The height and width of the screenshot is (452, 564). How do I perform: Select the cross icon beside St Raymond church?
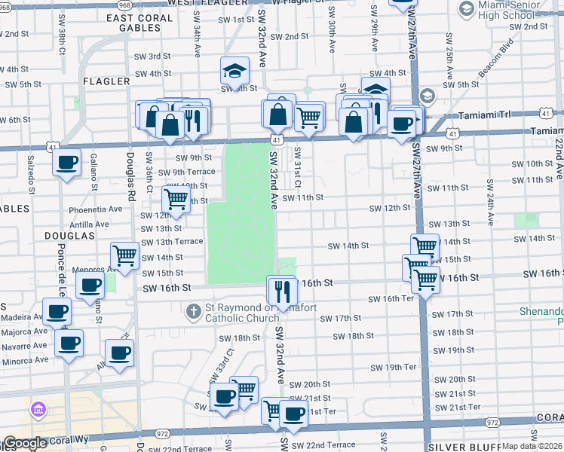point(194,310)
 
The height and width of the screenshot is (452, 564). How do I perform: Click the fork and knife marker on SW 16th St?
point(282,290)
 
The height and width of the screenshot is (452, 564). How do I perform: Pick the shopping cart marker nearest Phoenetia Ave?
point(176,200)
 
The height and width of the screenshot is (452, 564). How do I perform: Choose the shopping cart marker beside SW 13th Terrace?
point(126,256)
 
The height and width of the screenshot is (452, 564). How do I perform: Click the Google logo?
point(25,444)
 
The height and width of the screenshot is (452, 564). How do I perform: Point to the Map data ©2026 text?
point(532,445)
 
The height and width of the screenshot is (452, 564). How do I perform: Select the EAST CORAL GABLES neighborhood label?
point(144,23)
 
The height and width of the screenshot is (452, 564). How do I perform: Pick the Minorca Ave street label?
point(24,359)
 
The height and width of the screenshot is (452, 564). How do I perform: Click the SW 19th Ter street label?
point(393,367)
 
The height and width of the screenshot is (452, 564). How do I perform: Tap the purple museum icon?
point(37,411)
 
